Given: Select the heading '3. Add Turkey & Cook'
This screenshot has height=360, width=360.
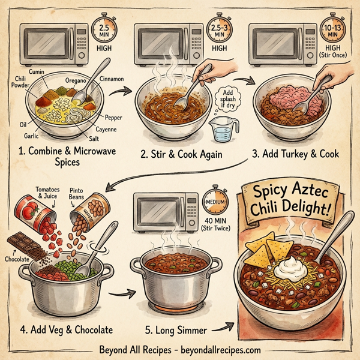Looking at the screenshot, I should click(x=295, y=154).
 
